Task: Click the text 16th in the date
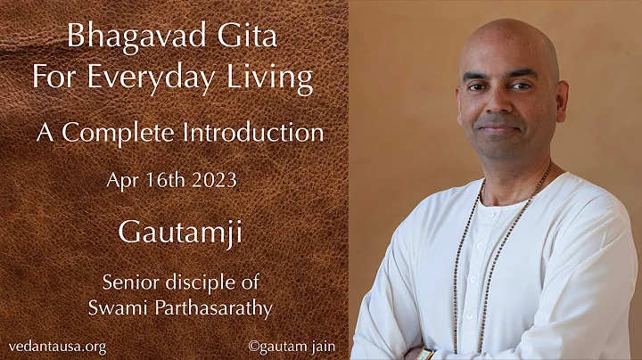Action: pyautogui.click(x=165, y=179)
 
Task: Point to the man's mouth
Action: pyautogui.click(x=499, y=127)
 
